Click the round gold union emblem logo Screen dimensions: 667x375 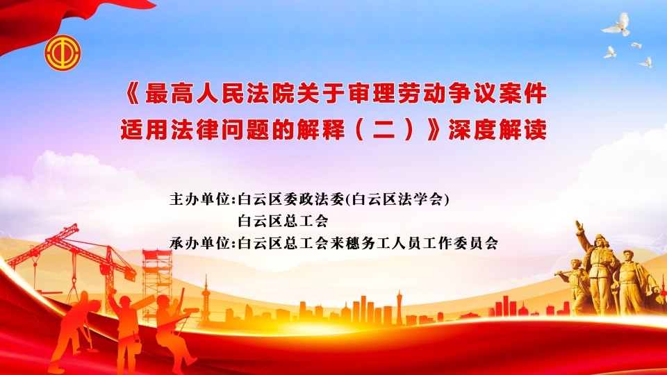click(x=63, y=53)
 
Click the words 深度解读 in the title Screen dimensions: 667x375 click(x=497, y=129)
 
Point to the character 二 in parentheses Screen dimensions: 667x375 click(x=384, y=130)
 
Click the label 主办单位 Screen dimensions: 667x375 click(x=200, y=199)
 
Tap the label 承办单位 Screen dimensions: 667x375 click(x=200, y=243)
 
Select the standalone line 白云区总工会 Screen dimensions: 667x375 click(x=283, y=221)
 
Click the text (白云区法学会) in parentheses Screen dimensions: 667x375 click(x=397, y=199)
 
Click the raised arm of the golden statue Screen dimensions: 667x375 click(x=584, y=236)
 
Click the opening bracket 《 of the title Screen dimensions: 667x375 click(x=133, y=94)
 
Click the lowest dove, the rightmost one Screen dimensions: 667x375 click(x=646, y=62)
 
